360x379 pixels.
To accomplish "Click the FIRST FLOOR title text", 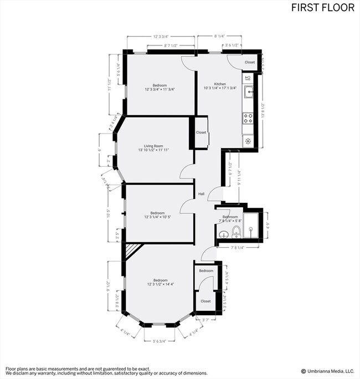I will click(x=324, y=8).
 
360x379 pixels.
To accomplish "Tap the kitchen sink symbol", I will click(x=248, y=92).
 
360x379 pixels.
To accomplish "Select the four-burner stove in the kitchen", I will click(x=248, y=117).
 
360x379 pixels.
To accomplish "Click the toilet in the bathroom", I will click(x=236, y=231).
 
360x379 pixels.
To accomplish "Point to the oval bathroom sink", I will click(x=223, y=233).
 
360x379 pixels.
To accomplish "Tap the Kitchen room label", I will click(x=220, y=84).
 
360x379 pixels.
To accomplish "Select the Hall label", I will click(x=202, y=194).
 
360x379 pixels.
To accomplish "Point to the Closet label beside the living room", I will click(x=200, y=132).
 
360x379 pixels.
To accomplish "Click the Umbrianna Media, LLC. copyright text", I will click(x=327, y=371).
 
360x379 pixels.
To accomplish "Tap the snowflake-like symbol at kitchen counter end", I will click(x=248, y=140).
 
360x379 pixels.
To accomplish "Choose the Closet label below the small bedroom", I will click(x=205, y=301).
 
